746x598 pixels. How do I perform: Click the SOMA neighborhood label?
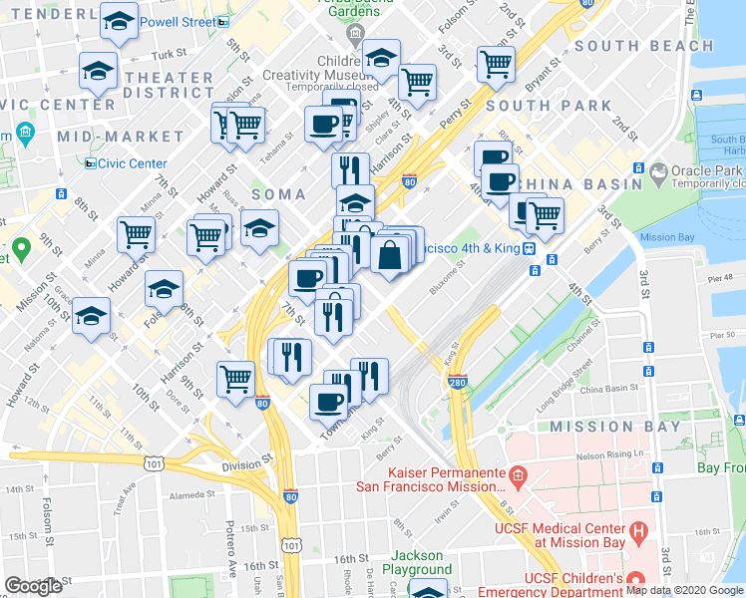(277, 193)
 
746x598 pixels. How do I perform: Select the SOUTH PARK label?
(549, 106)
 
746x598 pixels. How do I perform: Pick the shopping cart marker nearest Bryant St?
(496, 65)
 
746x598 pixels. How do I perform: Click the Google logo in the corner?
(34, 586)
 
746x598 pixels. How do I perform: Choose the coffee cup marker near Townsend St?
(328, 402)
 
